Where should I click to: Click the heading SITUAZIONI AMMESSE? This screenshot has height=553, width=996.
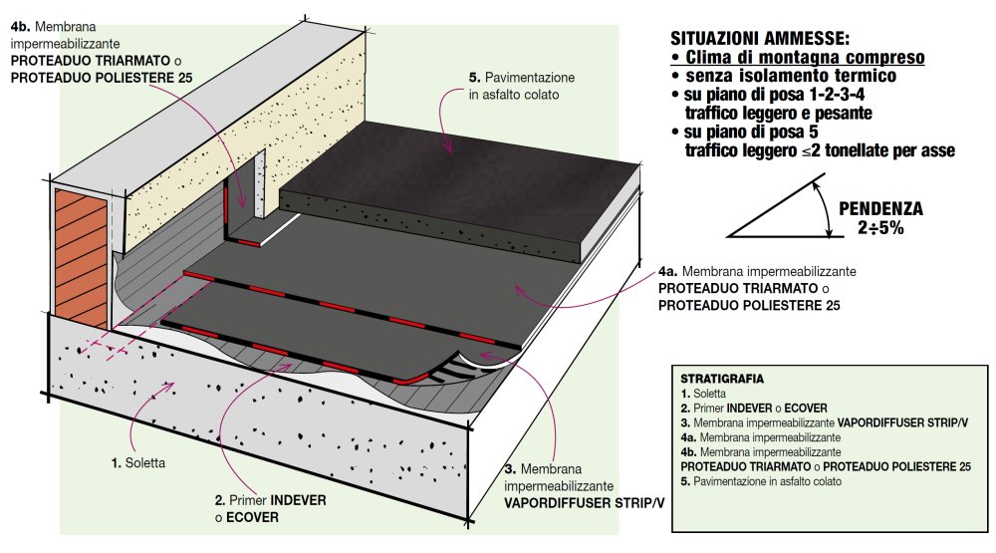760,39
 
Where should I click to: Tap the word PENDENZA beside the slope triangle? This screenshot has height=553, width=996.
880,209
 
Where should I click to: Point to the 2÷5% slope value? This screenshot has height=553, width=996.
880,227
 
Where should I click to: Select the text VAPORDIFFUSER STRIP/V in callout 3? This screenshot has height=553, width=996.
585,504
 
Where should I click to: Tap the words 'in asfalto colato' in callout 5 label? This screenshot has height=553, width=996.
512,95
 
